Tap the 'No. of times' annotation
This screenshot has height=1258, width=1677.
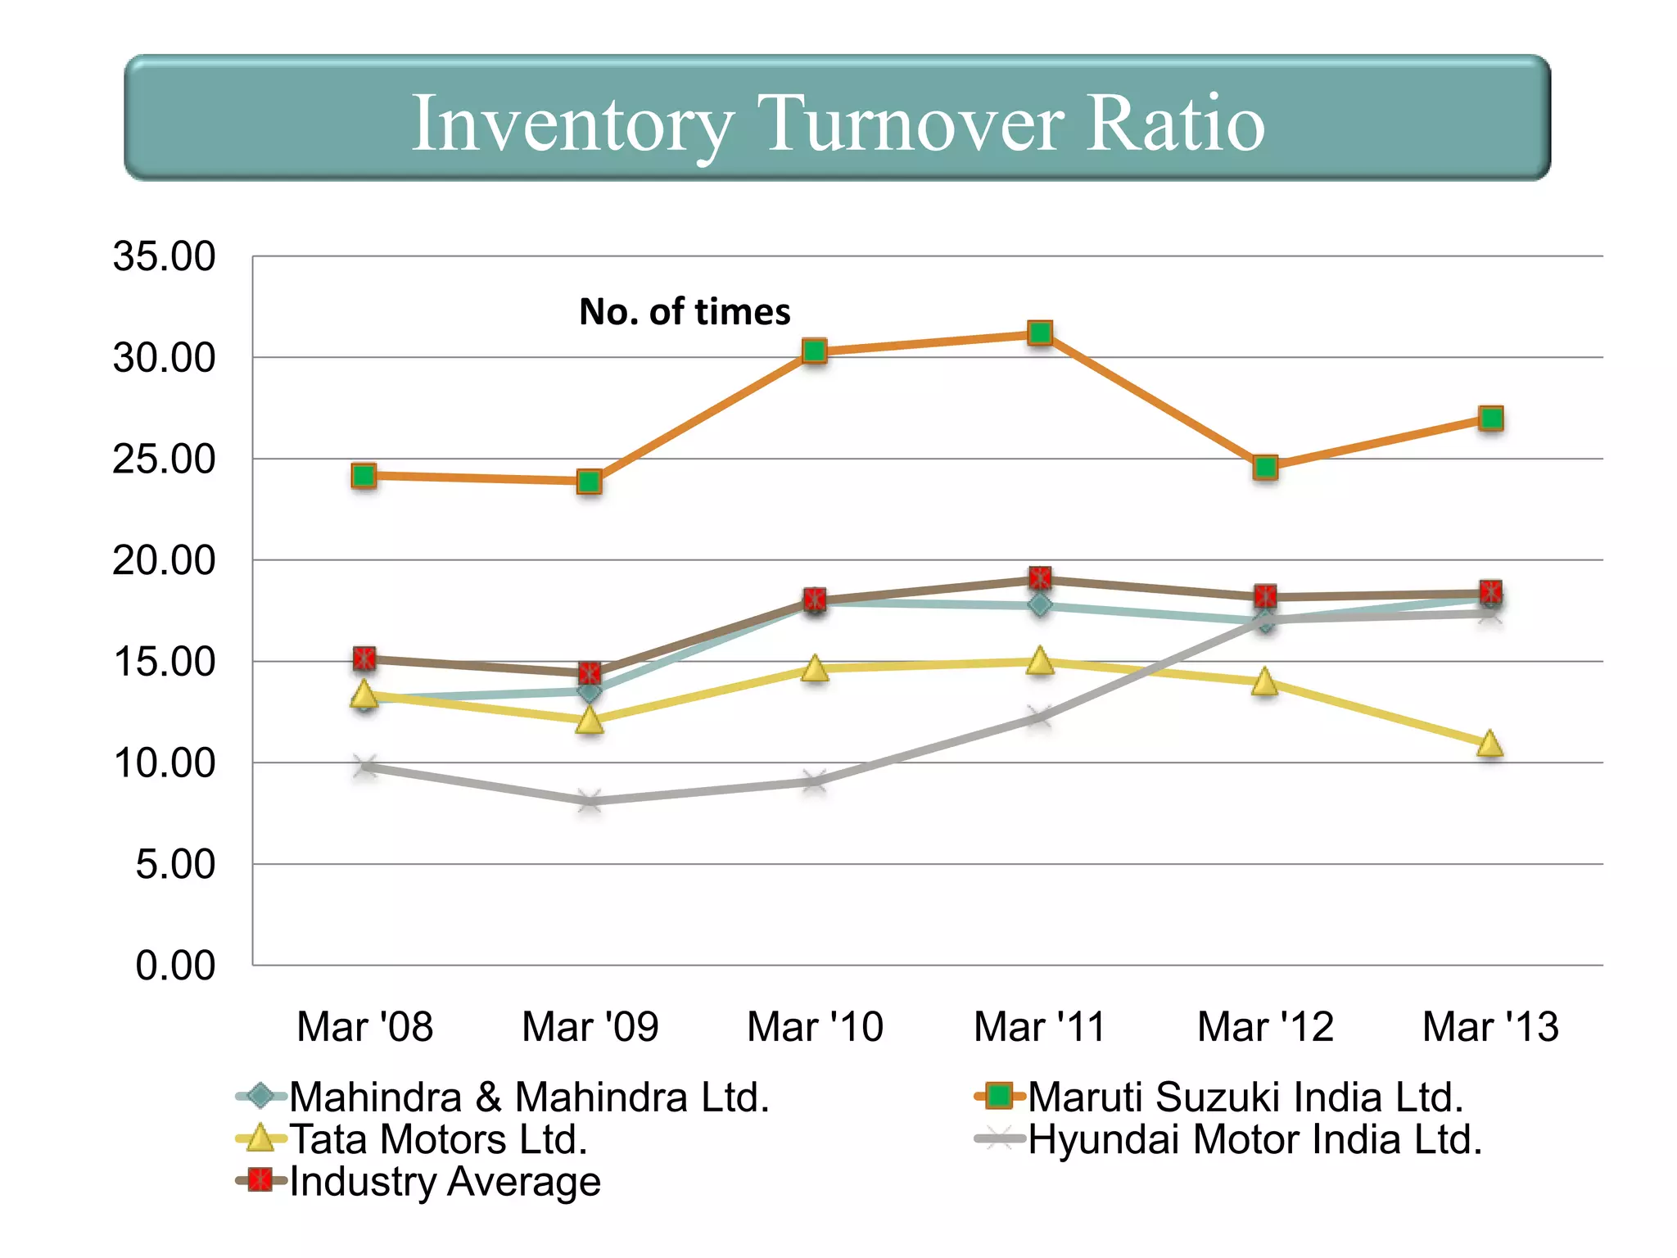(685, 312)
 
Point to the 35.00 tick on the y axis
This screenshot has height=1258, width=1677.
(164, 256)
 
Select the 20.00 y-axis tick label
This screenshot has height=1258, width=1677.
(164, 560)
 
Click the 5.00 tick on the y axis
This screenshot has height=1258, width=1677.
(174, 864)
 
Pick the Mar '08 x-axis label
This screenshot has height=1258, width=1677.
(364, 1026)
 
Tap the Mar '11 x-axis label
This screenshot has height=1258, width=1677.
(1039, 1026)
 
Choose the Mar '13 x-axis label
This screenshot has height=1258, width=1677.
(1490, 1026)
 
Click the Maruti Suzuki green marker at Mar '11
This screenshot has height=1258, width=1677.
(1040, 333)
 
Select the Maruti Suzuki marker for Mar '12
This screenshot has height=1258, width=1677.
(1265, 468)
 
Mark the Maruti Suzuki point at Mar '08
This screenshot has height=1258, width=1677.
(364, 475)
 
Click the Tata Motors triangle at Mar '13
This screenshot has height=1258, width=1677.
(1490, 744)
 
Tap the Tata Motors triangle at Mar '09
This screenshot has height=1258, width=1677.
(590, 721)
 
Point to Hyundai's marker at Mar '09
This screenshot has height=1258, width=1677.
(590, 800)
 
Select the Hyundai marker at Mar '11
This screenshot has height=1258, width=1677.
(1039, 717)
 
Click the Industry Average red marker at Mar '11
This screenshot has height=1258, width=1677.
(1040, 578)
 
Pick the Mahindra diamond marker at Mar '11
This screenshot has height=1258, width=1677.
(1040, 605)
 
